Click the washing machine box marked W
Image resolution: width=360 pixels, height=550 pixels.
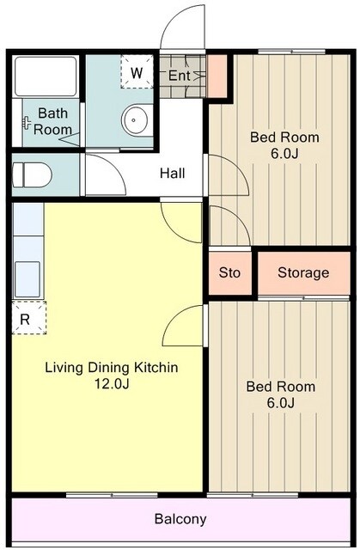click(x=136, y=72)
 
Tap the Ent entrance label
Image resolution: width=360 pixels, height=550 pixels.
click(x=179, y=76)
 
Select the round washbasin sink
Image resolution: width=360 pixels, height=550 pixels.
click(x=136, y=120)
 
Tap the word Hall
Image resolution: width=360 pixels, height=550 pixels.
click(x=173, y=173)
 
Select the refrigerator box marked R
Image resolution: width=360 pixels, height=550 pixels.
click(x=26, y=318)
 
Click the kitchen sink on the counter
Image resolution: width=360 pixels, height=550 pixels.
click(x=27, y=276)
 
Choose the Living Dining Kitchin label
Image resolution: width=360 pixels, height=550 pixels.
click(x=111, y=368)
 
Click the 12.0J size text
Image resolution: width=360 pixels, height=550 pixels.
click(x=111, y=384)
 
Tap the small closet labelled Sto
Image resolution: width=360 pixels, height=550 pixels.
click(x=229, y=273)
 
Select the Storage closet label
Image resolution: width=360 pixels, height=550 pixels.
click(x=303, y=273)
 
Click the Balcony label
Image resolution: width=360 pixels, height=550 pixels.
click(x=180, y=519)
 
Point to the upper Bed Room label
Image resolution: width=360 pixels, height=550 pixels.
click(x=284, y=137)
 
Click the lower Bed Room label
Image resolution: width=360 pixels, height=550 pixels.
click(x=280, y=387)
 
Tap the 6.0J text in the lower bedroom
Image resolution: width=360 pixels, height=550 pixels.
click(x=280, y=403)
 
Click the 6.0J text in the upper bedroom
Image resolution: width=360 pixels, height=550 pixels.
click(x=284, y=154)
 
